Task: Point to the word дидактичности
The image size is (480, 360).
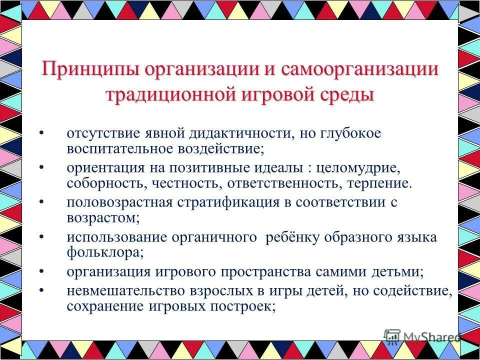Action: point(242,134)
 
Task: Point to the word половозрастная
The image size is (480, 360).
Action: point(120,203)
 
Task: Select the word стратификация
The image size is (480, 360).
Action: point(230,203)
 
